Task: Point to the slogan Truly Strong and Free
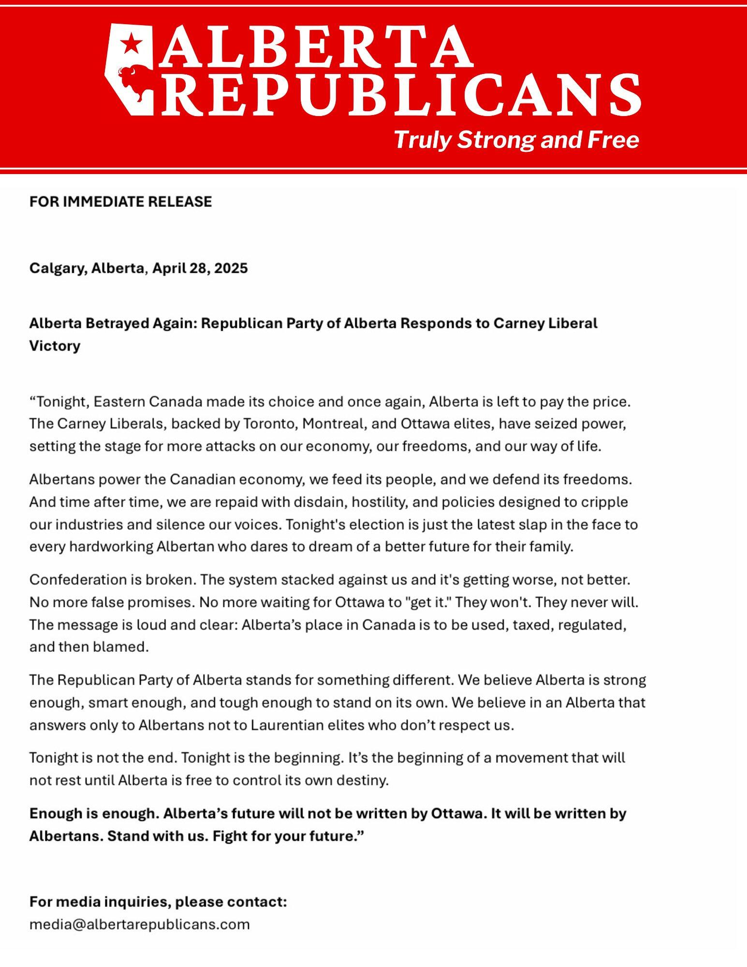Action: pos(516,140)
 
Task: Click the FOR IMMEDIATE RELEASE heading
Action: pos(120,202)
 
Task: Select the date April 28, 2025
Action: pos(200,268)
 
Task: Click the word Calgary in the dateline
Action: pos(57,268)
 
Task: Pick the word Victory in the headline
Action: pos(55,346)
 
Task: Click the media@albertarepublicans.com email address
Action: pos(139,924)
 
